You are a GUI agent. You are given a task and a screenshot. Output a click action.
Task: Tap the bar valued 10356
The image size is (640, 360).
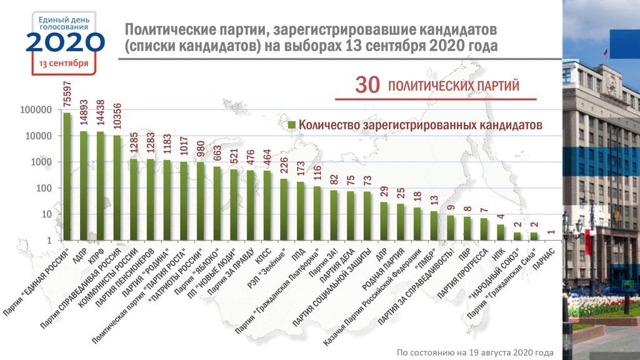[117, 187]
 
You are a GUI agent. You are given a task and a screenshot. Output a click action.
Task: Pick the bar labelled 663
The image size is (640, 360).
[217, 203]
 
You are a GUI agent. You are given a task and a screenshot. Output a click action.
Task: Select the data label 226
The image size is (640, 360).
[284, 164]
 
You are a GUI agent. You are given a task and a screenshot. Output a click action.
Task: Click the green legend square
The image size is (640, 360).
[291, 126]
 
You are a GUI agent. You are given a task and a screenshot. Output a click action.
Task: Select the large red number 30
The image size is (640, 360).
[367, 86]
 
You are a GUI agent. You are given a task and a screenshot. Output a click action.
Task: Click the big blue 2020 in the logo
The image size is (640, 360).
[64, 42]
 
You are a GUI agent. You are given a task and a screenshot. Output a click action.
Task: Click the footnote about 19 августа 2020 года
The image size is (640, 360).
[475, 352]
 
